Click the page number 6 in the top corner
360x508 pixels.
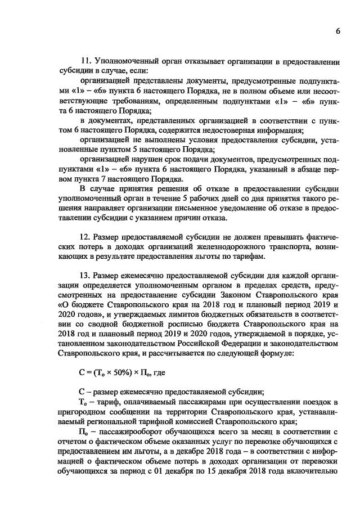click(x=337, y=31)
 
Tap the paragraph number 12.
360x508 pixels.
click(x=85, y=235)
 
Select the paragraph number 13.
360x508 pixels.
click(x=85, y=276)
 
